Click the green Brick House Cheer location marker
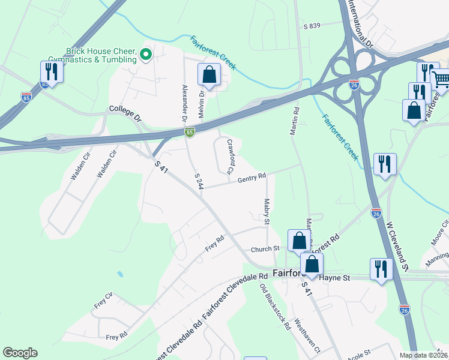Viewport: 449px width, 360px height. tap(145, 56)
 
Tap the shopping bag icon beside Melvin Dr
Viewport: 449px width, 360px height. tap(209, 76)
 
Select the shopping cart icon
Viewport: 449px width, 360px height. tap(441, 78)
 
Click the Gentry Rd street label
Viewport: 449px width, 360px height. tap(252, 178)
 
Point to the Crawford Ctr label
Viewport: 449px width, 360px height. tap(229, 157)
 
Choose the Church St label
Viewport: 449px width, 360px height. tap(265, 248)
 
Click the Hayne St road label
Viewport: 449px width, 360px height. tap(338, 278)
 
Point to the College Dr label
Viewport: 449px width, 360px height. tap(124, 110)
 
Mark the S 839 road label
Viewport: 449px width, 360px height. tap(312, 26)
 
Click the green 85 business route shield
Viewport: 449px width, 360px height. tap(189, 132)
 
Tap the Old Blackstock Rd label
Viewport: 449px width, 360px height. tap(275, 307)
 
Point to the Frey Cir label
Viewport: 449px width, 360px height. tap(103, 301)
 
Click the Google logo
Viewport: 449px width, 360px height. tap(20, 353)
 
